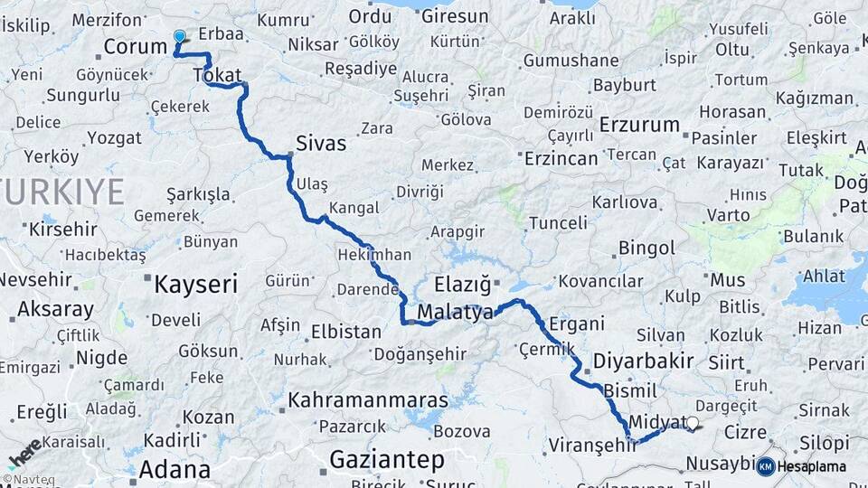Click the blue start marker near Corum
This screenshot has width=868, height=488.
coord(179,37)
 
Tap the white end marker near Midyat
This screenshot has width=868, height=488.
coord(693,422)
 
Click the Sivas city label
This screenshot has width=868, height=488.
coord(321,143)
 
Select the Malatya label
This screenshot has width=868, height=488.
coord(455,313)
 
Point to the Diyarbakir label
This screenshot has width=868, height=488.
coord(643,361)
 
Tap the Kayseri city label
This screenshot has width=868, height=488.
coord(195,286)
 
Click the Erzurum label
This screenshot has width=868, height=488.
coord(639,125)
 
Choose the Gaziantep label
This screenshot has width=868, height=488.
coord(387,460)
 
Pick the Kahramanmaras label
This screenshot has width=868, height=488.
coord(368,399)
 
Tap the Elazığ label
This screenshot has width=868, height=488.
coord(462,285)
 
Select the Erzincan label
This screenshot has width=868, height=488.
coord(561,158)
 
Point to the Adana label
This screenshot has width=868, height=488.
coord(175,469)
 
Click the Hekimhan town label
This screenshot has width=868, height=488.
coord(373,255)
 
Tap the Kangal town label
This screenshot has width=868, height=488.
coord(354,209)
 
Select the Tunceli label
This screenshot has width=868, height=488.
coord(558,222)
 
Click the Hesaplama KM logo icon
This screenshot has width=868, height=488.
coord(765,466)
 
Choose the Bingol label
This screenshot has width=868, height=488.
coord(646,248)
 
